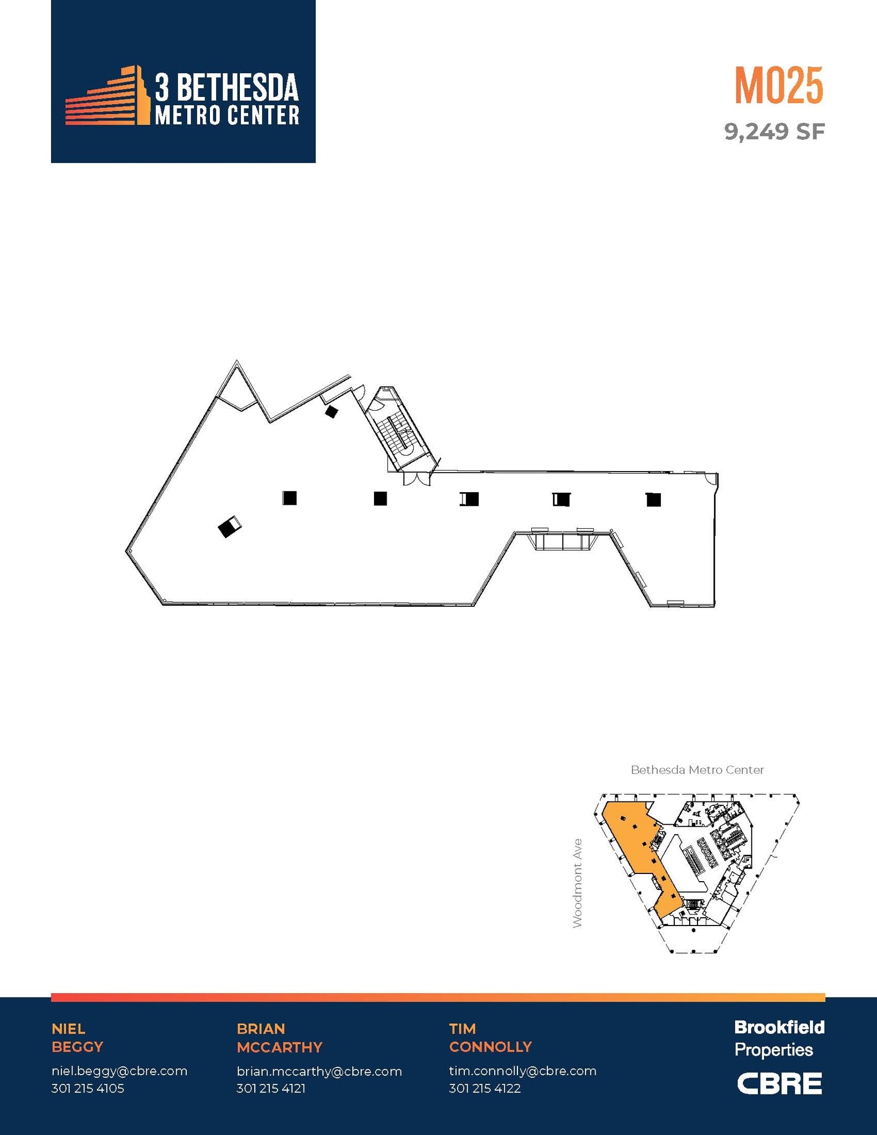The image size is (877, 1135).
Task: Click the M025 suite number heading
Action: (778, 85)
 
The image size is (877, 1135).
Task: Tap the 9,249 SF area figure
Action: (774, 132)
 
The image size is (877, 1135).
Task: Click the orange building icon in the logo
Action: (109, 97)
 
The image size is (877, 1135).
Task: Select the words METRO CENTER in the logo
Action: (227, 115)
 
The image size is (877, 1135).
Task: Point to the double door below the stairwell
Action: (417, 479)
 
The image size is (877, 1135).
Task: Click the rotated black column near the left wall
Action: (228, 527)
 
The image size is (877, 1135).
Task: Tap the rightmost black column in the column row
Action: (654, 499)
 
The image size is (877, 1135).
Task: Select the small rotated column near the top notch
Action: (331, 411)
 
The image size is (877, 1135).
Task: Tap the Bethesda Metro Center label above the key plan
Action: (697, 770)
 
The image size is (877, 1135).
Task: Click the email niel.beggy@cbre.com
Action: (119, 1071)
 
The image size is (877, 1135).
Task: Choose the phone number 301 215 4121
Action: (271, 1088)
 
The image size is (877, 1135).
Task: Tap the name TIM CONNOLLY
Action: (490, 1037)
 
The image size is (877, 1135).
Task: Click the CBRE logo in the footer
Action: (779, 1083)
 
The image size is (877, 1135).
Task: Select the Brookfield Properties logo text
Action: (779, 1038)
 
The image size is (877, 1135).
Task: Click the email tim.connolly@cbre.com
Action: (522, 1071)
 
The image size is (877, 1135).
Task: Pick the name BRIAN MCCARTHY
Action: (279, 1037)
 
